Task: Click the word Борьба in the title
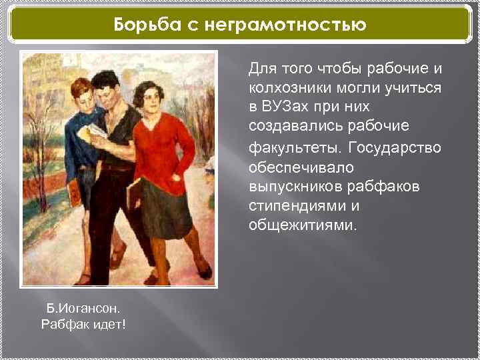tap(143, 25)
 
